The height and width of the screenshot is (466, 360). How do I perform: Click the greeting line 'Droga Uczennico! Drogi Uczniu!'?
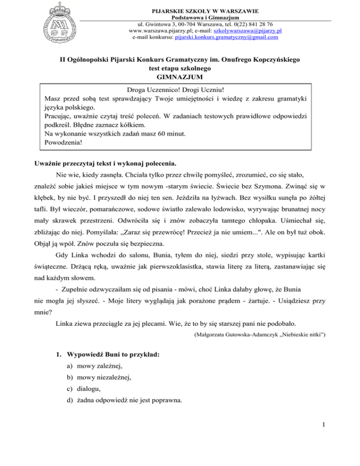point(180,90)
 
